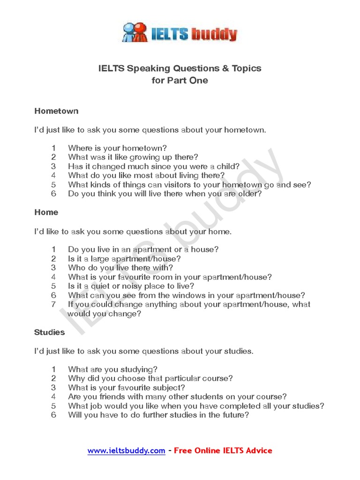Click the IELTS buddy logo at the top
(180, 32)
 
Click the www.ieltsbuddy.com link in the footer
(126, 450)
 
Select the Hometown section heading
(56, 111)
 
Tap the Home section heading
(46, 212)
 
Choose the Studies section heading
(49, 332)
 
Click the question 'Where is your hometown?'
(117, 148)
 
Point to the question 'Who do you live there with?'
(120, 268)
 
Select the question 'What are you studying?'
(112, 369)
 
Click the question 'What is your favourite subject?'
(127, 388)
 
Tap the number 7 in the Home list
(53, 304)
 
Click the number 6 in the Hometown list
(53, 194)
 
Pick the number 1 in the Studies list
(53, 369)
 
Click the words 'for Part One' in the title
(180, 80)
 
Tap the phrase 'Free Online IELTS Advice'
(223, 450)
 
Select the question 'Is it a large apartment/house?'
(124, 259)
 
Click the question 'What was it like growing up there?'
(133, 157)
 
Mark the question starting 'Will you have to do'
(158, 415)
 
